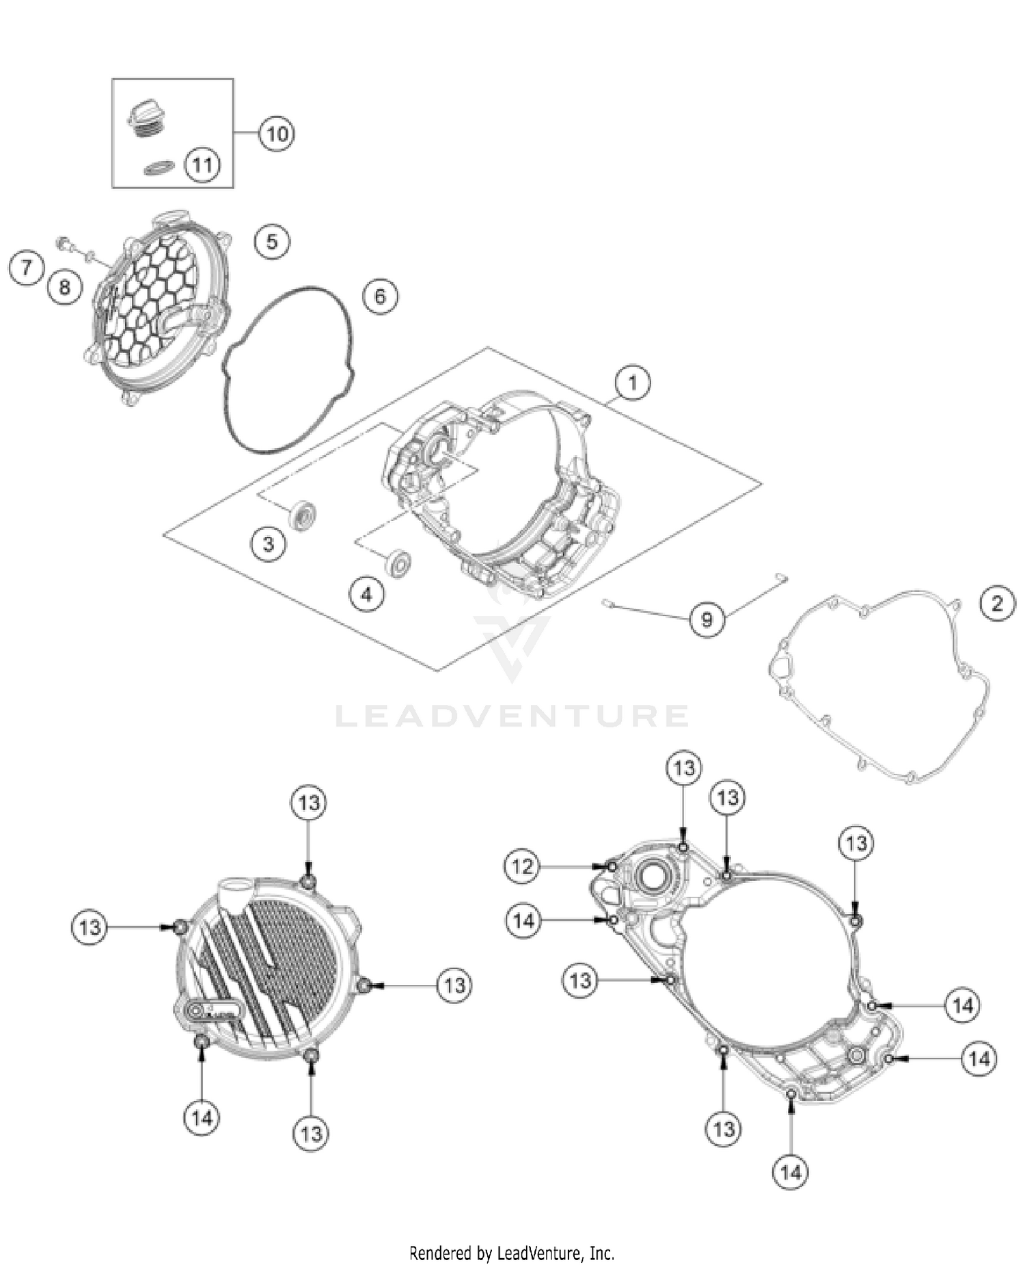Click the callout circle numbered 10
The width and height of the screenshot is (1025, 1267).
coord(277,133)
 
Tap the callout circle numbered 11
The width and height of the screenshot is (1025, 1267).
coord(202,165)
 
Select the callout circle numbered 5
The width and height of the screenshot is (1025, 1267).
coord(272,241)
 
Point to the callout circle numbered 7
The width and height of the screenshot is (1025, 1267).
coord(27,266)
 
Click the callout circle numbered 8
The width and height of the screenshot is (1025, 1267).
coord(65,286)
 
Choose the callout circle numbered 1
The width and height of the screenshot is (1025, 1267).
coord(633,382)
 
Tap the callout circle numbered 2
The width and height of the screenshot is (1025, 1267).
coord(997,603)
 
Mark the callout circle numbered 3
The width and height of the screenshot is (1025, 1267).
coord(269,544)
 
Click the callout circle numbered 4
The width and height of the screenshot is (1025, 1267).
coord(367,594)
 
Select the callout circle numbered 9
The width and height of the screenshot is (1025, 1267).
coord(707,619)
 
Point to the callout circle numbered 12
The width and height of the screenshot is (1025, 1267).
coord(522,866)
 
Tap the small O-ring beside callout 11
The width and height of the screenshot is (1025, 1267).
coord(159,167)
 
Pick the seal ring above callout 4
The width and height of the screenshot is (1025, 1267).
coord(398,561)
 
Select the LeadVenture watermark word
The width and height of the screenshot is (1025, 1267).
coord(512,716)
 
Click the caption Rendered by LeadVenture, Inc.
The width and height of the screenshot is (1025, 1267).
coord(512,1253)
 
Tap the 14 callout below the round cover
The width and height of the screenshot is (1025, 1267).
coord(202,1118)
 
